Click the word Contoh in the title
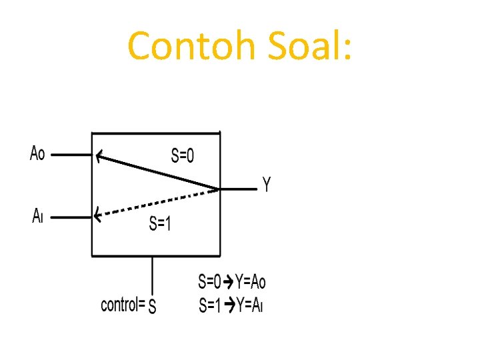click(191, 45)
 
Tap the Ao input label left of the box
click(37, 153)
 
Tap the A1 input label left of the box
click(37, 215)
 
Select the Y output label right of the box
click(267, 184)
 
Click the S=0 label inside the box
click(183, 155)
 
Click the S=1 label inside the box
click(160, 223)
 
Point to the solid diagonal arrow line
click(157, 172)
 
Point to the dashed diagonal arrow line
click(157, 203)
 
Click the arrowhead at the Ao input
click(99, 156)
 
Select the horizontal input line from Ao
click(71, 155)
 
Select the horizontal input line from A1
click(71, 217)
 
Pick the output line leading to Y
click(239, 189)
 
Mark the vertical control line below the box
click(153, 276)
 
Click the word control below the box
click(120, 305)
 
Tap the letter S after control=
click(152, 306)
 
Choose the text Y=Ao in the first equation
click(250, 281)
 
